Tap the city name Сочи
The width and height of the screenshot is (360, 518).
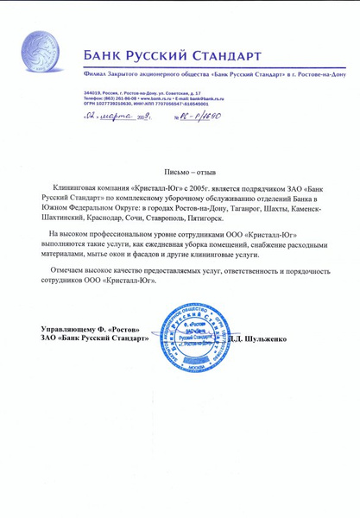tap(159, 219)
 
